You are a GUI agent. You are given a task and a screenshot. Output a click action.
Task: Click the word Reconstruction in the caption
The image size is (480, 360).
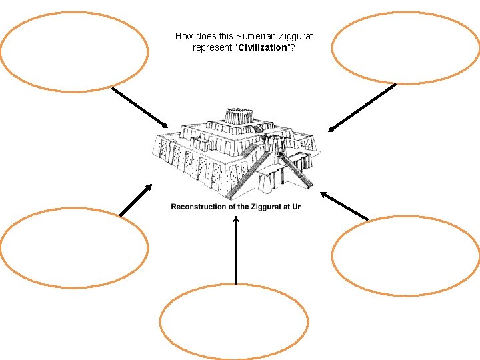[x=199, y=207]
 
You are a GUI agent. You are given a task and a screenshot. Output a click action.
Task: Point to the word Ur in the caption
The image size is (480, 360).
[x=295, y=207]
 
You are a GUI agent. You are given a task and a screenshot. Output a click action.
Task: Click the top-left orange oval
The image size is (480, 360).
[x=74, y=51]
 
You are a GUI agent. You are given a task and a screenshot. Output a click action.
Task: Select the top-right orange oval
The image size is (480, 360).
[x=405, y=47]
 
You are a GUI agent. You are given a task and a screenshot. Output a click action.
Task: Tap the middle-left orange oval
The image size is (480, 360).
[x=74, y=247]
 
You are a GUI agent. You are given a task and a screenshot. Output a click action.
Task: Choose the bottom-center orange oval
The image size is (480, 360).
[x=234, y=322]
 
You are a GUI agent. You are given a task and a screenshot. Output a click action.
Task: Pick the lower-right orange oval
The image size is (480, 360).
[x=405, y=255]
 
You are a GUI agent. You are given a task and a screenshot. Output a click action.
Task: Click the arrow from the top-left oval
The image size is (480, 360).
[x=140, y=107]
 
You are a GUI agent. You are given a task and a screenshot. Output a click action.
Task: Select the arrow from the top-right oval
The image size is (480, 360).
[x=362, y=107]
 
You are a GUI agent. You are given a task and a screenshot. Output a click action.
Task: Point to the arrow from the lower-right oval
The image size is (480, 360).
[x=343, y=206]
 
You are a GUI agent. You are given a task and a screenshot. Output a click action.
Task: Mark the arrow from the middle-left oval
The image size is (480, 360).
[x=136, y=200]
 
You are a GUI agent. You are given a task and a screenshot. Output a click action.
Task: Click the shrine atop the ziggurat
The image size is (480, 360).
[x=236, y=115]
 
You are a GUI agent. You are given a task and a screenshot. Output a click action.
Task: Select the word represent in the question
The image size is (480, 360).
[x=213, y=49]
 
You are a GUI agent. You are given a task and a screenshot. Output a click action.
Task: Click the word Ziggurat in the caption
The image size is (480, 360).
[x=269, y=207]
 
